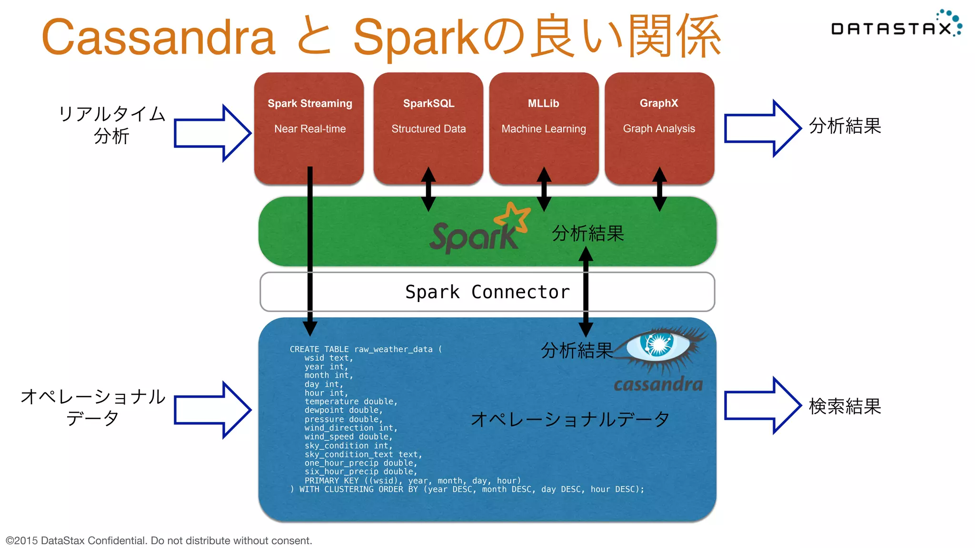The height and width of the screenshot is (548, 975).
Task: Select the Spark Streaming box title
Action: coord(309,103)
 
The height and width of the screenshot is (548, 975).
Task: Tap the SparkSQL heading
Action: coord(428,103)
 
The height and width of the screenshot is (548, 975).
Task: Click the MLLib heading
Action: coord(543,103)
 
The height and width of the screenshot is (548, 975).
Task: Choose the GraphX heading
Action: coord(659,103)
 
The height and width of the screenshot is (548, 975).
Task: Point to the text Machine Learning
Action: coord(544,128)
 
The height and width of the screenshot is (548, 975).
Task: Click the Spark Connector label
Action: coord(487,292)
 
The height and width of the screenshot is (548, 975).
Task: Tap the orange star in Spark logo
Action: coord(513,218)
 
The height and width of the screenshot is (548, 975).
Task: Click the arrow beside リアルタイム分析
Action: coord(212,133)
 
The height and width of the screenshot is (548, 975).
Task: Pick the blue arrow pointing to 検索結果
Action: coord(762,405)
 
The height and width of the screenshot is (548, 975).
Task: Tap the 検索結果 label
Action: coord(845,406)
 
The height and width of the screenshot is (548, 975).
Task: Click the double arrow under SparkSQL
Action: coord(428,189)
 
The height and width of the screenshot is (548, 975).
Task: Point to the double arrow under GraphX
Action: coord(659,189)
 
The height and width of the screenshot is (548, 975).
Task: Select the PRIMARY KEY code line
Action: coord(412,480)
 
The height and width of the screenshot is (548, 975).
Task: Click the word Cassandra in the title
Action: coord(159,37)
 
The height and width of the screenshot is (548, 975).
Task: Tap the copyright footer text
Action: coord(159,540)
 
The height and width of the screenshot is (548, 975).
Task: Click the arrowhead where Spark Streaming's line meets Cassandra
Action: coord(310,328)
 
